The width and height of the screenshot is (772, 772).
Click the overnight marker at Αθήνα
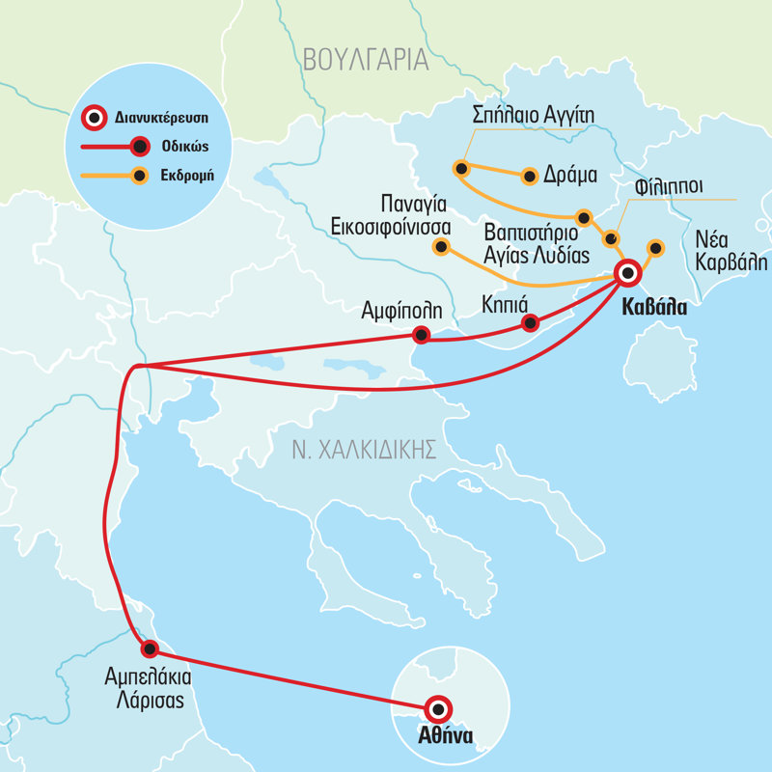pyautogui.click(x=438, y=709)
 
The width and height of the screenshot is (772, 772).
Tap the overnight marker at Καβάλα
pyautogui.click(x=628, y=274)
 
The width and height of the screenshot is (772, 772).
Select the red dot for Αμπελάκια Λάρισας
pyautogui.click(x=149, y=648)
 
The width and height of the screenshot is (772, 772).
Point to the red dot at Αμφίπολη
pyautogui.click(x=421, y=335)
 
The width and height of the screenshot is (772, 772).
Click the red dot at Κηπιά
pyautogui.click(x=529, y=323)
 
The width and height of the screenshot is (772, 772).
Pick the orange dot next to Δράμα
pyautogui.click(x=529, y=176)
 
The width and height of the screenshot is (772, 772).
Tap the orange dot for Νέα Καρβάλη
pyautogui.click(x=655, y=247)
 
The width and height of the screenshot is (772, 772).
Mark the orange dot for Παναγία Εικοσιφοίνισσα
pyautogui.click(x=441, y=247)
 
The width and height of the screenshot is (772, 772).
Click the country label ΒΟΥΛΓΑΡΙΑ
pyautogui.click(x=365, y=60)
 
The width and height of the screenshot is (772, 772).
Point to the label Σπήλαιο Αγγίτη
pyautogui.click(x=533, y=116)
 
